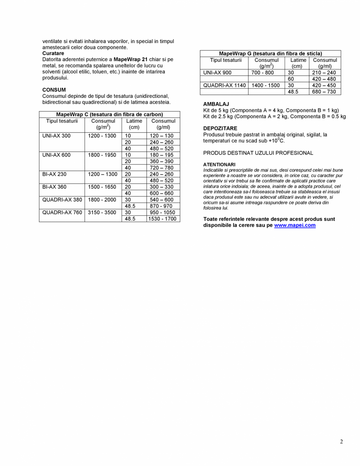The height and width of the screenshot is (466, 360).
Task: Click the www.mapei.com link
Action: coord(295,226)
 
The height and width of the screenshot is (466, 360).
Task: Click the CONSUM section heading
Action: coord(54,90)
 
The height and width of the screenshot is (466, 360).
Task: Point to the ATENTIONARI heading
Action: coord(219,164)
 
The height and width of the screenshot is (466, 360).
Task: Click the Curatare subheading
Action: coord(53,53)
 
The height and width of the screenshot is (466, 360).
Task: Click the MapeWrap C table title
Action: coord(109,114)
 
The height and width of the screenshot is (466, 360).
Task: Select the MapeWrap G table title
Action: coord(270,53)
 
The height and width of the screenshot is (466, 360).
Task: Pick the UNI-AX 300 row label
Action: coord(56,136)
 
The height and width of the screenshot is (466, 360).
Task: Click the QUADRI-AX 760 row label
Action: coord(62,213)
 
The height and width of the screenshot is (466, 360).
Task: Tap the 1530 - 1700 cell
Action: coord(163,219)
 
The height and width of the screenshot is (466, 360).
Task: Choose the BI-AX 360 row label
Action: coord(54,187)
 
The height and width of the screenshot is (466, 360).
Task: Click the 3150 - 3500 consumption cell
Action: coord(102,213)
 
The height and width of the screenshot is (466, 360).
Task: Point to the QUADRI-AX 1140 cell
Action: coord(224,85)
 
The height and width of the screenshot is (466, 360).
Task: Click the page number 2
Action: coord(341,442)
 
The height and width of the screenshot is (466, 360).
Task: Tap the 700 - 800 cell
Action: coord(262,73)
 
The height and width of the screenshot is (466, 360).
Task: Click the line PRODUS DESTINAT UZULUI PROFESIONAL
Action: coord(258,153)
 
